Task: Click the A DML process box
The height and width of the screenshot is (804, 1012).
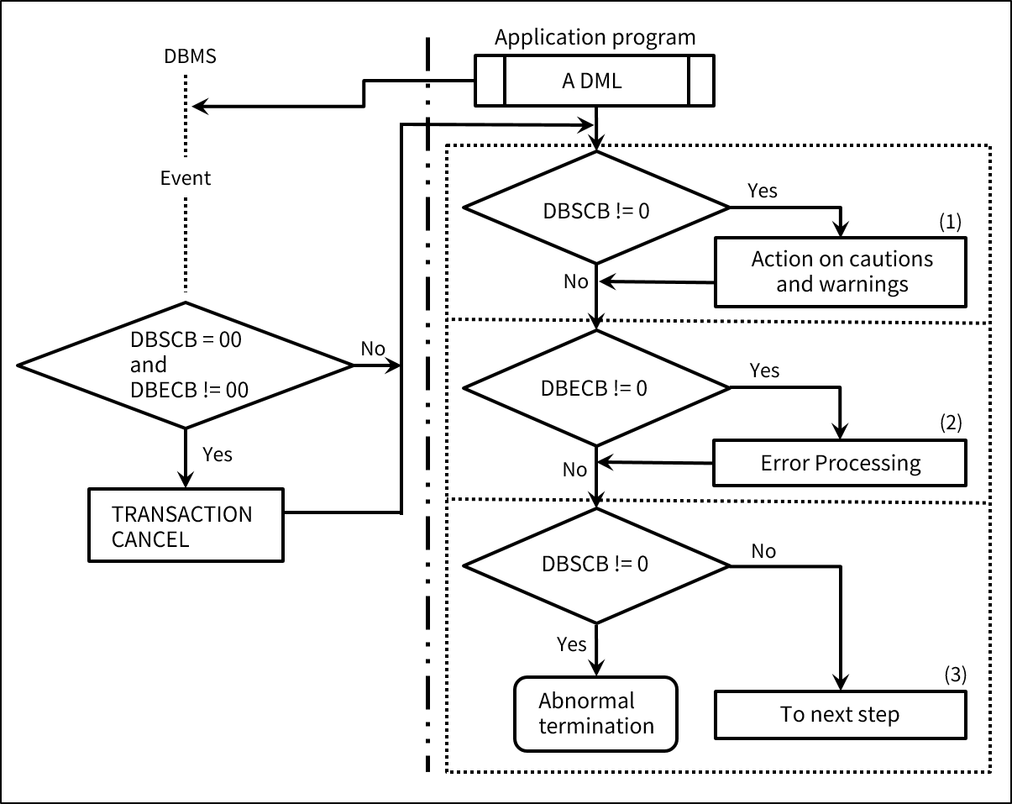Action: [x=595, y=81]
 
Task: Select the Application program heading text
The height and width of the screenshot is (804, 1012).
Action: [x=595, y=37]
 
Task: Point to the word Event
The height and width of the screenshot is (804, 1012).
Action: [x=186, y=178]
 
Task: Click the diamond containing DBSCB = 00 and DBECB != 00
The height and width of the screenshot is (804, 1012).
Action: [x=186, y=365]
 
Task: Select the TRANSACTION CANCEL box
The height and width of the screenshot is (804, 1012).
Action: [x=186, y=526]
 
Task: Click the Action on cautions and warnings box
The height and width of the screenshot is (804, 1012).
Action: [x=840, y=271]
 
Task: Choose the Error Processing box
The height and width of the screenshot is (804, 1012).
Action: [x=840, y=463]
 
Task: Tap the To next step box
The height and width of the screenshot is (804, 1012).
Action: [x=840, y=715]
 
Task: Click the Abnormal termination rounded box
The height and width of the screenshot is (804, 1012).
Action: [x=595, y=713]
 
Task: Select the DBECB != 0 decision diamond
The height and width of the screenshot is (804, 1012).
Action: [x=596, y=388]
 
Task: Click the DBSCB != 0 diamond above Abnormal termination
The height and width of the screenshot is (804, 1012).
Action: [x=596, y=563]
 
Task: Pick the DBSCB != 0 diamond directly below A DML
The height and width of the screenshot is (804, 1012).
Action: [x=596, y=208]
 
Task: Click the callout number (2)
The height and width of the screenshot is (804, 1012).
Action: [x=949, y=423]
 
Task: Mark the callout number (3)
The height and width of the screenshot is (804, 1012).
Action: [x=952, y=674]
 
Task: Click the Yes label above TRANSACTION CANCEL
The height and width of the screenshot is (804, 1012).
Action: [x=218, y=455]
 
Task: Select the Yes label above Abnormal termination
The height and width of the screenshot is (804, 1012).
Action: [x=571, y=644]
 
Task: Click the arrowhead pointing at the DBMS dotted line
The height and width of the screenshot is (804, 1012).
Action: [x=199, y=106]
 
